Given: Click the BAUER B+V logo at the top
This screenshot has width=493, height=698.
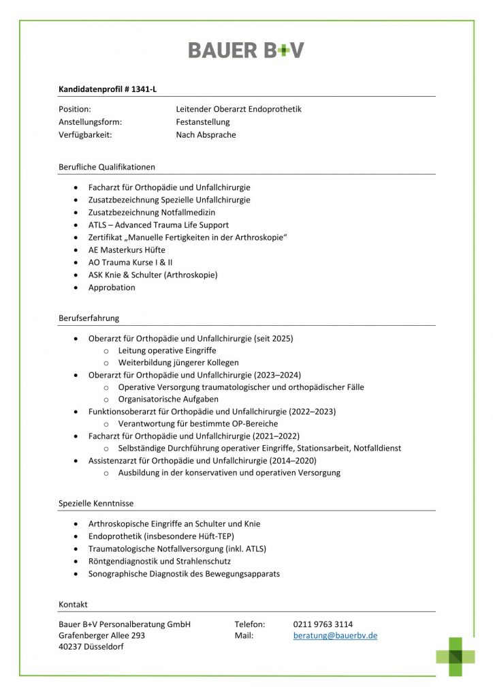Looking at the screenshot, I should coord(246,50).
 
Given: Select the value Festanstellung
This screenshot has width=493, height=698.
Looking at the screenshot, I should coord(203,122).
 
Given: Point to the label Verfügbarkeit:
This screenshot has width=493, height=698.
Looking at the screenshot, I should coord(85,135).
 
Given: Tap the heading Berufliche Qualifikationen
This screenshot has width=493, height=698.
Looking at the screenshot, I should coord(107,166).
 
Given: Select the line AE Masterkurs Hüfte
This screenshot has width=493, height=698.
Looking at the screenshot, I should coord(127,249).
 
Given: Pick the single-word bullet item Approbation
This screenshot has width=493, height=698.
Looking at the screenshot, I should coord(112,287).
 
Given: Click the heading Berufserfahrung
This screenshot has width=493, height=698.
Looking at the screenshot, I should coord(89,318).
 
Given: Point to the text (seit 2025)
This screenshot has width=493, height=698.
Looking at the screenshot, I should coord(273,338).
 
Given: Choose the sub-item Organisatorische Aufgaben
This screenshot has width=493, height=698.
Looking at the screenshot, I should coord(168,399).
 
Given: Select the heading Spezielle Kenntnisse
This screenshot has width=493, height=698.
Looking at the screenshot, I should coord(96,503).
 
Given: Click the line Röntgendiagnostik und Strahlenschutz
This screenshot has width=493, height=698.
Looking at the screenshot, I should coord(159,561).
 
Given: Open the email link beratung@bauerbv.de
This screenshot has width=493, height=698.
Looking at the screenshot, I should coord(335,635).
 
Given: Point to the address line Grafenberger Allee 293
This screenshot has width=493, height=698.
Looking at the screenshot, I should coord(101,635).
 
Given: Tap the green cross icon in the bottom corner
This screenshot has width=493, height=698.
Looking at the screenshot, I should coord(456,656).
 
